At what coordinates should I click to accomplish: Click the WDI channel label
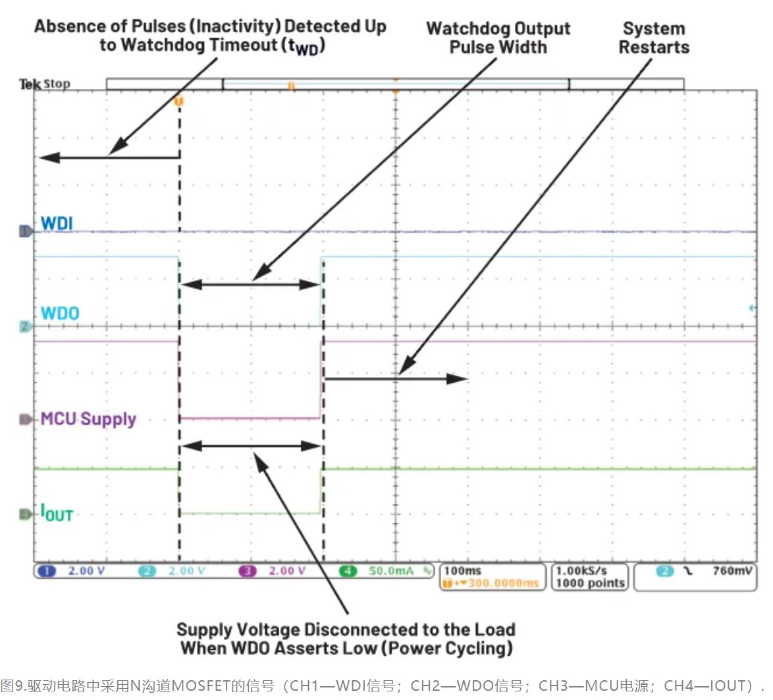57,223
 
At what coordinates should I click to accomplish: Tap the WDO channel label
60,312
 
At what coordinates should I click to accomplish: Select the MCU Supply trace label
88,419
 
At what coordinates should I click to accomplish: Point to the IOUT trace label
57,513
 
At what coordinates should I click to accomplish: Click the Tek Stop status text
44,84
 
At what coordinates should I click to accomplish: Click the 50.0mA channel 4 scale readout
391,571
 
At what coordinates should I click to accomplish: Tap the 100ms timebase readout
463,570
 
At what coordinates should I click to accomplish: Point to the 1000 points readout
590,583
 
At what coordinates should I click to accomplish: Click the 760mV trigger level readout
732,570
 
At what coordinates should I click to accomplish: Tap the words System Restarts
654,38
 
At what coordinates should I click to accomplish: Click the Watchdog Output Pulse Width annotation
498,38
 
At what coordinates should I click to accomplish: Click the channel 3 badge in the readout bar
248,571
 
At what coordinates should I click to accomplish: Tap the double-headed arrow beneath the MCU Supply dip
251,446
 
